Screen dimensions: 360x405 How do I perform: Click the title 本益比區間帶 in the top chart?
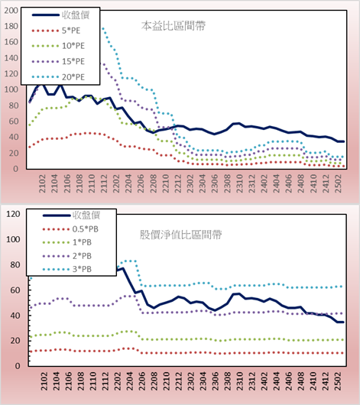(x=174, y=26)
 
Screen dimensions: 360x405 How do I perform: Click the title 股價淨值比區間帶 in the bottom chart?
(x=180, y=235)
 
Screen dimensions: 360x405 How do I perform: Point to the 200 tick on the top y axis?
(x=11, y=11)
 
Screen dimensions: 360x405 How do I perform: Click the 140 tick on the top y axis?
(x=11, y=58)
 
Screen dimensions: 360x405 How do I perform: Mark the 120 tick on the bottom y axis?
(x=13, y=214)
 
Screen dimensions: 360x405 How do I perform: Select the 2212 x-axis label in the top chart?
(x=178, y=183)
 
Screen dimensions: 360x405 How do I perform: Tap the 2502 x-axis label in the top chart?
(x=339, y=183)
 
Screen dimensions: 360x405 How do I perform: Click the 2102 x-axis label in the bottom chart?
(x=44, y=381)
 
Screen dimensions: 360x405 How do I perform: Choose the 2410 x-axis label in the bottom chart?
(x=314, y=381)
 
